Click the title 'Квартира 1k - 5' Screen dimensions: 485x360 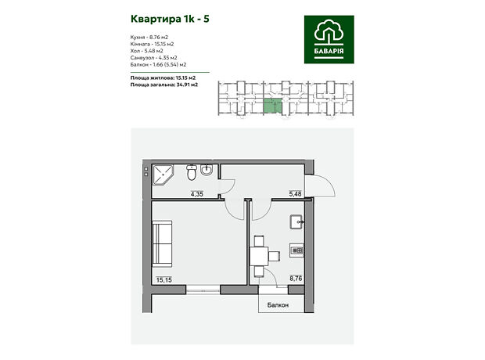(x=170, y=20)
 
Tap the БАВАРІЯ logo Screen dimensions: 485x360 (x=329, y=39)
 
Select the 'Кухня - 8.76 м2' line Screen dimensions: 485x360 (x=149, y=37)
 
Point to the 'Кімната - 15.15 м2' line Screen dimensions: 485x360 (x=152, y=44)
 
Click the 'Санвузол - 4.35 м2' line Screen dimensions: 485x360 (x=154, y=58)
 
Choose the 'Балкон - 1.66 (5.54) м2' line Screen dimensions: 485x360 (x=158, y=64)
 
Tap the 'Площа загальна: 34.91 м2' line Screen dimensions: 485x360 (x=164, y=85)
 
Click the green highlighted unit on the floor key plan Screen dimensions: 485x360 (x=273, y=105)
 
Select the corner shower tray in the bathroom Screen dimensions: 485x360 (x=163, y=175)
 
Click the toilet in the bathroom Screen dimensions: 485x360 (x=192, y=172)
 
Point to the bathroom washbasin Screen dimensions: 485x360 (x=207, y=170)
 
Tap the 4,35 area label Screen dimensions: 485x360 (x=196, y=194)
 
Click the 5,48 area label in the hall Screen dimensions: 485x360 (x=295, y=194)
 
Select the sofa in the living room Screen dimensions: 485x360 (x=162, y=243)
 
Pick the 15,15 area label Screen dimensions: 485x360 (x=164, y=280)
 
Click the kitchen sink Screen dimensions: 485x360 (x=297, y=222)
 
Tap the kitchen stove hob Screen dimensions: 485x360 (x=296, y=250)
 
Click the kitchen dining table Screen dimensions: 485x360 (x=259, y=256)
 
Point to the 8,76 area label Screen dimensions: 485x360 (x=296, y=279)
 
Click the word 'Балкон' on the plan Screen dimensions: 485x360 (x=278, y=305)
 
